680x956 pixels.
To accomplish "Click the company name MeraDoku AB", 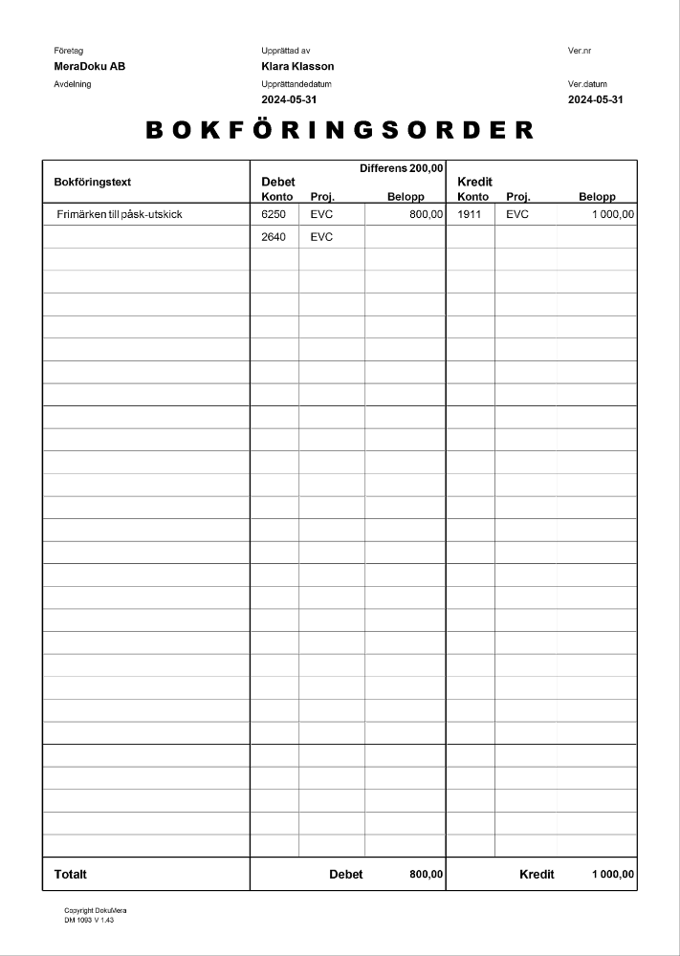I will [90, 66].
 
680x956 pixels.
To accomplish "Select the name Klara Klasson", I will [297, 66].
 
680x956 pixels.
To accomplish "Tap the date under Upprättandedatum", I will [289, 99].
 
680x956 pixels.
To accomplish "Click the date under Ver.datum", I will [595, 99].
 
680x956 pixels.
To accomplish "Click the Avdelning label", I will [74, 84].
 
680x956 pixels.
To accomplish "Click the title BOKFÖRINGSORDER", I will [340, 131].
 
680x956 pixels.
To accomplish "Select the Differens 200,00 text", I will [401, 168].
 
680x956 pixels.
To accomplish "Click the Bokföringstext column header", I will [93, 182].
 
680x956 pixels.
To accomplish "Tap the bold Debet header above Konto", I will [277, 182].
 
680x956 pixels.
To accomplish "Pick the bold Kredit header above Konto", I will [475, 182].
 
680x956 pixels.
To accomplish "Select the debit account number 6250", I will [274, 214].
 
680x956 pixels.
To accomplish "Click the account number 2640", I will [274, 237].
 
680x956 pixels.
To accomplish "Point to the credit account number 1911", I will [470, 214].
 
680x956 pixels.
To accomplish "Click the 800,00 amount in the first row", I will [426, 214].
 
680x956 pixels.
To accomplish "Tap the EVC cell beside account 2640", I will [321, 237].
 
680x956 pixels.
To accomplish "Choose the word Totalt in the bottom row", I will [71, 874].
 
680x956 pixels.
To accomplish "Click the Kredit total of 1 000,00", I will [612, 874].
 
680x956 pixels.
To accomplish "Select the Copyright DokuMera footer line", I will [96, 910].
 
